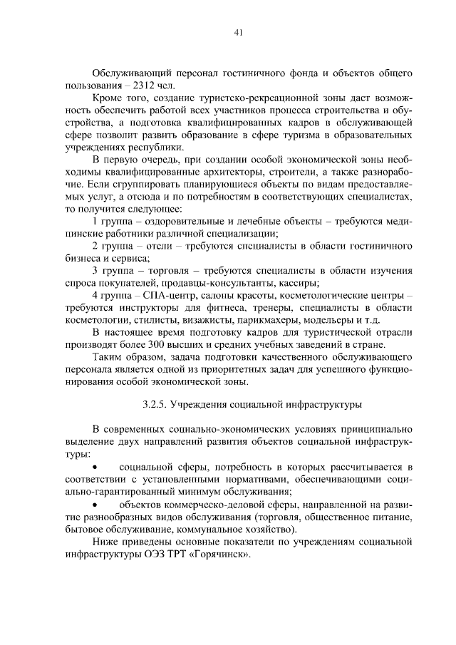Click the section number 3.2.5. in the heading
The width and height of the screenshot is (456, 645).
point(154,404)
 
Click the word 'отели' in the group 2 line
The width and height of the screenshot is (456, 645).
point(160,246)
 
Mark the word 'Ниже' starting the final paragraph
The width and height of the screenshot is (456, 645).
point(106,543)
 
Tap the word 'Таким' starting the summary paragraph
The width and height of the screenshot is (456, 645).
point(108,357)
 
